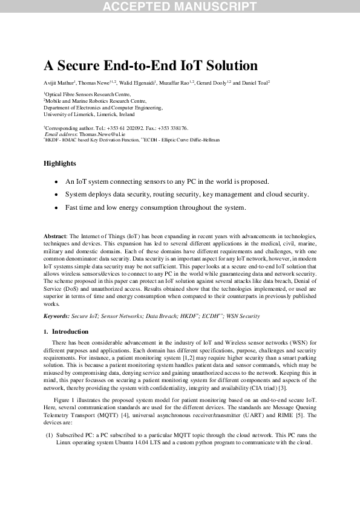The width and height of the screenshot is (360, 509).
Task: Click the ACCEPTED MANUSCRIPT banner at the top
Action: tap(180, 7)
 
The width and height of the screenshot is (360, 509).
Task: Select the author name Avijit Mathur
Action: tap(58, 82)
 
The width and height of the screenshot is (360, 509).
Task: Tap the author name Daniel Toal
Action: tap(254, 82)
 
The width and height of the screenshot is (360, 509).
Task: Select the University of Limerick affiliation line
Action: tap(89, 114)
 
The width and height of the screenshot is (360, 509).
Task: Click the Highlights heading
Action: tap(59, 163)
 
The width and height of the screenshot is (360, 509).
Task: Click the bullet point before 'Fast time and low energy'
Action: tap(56, 208)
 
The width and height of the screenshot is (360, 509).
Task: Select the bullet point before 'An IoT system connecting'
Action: tap(56, 181)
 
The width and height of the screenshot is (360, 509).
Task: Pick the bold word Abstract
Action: tap(55, 235)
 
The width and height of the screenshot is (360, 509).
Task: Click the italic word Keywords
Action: tap(56, 316)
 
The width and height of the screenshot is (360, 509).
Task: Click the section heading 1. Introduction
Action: tap(66, 332)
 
